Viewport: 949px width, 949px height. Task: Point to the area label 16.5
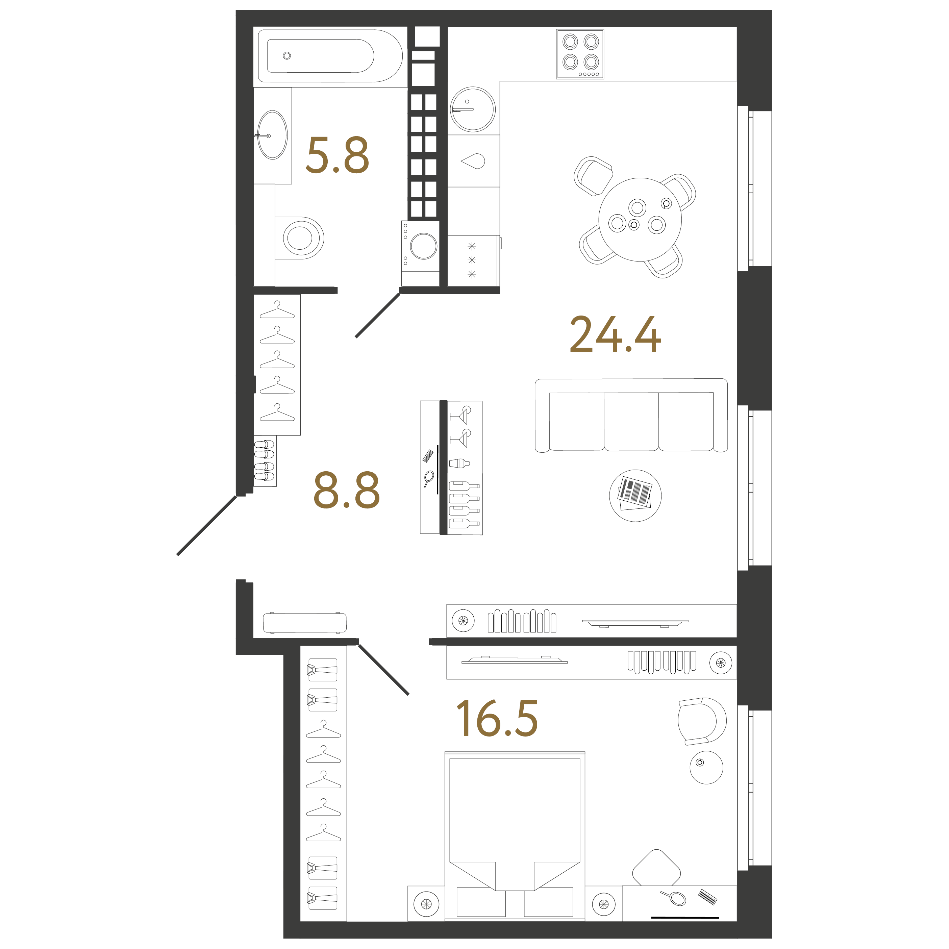tap(497, 719)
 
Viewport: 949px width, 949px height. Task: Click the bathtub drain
tap(287, 55)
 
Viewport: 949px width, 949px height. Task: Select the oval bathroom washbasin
tap(273, 135)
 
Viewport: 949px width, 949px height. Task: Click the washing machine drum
tap(423, 246)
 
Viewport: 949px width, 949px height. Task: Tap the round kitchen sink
tap(473, 109)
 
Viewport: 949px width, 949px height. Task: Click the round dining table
tap(640, 220)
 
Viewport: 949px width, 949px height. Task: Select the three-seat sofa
tap(631, 415)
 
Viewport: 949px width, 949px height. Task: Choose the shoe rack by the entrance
tap(265, 461)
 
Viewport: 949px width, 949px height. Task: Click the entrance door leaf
tap(207, 526)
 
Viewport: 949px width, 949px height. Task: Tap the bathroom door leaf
tap(377, 315)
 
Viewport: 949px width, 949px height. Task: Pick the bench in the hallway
tap(304, 623)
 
